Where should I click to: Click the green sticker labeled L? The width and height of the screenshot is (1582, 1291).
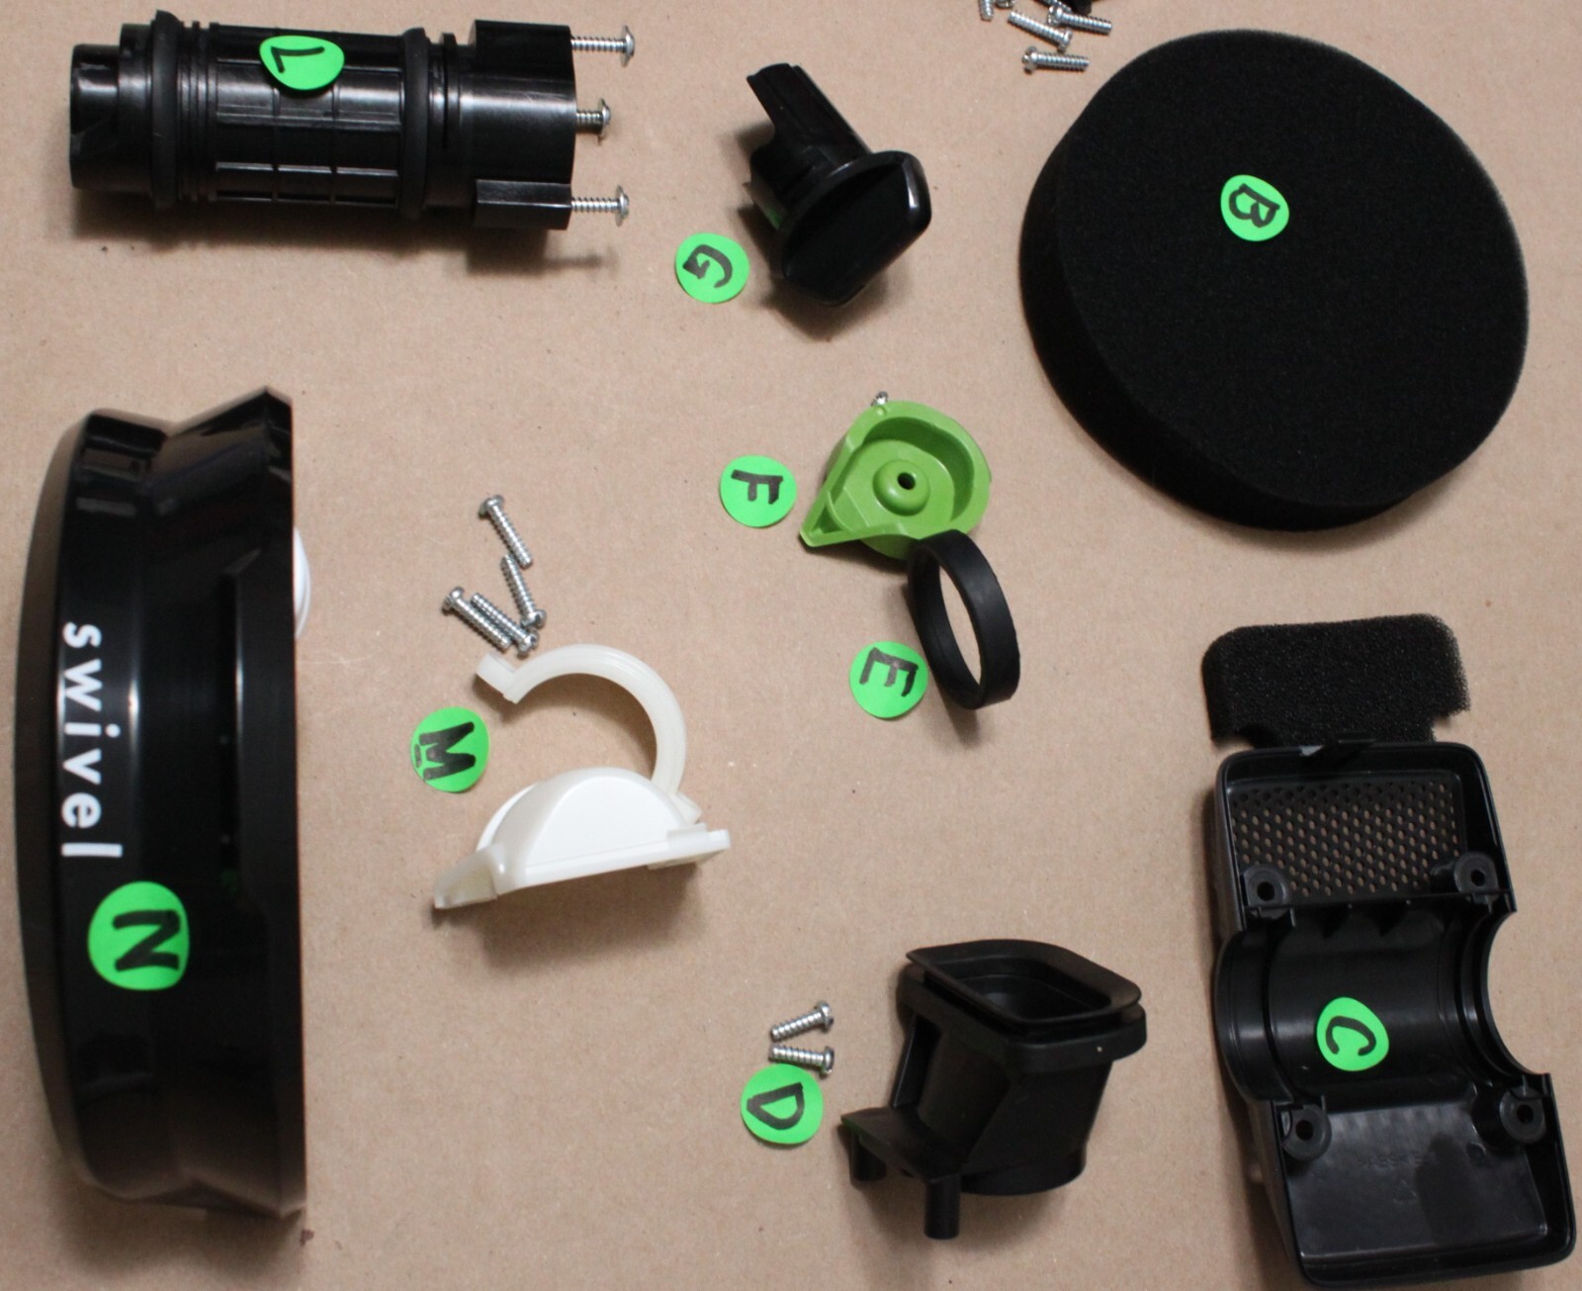pos(301,63)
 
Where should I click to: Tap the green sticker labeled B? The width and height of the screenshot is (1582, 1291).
pos(1254,208)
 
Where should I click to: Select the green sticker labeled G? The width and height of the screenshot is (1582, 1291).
pos(712,268)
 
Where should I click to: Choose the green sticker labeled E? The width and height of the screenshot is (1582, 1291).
pos(888,680)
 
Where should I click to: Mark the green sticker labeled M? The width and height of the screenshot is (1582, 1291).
pos(449,750)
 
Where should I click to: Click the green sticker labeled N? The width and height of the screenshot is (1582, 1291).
pos(138,935)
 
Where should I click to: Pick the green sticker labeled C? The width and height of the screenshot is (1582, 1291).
pos(1352,1035)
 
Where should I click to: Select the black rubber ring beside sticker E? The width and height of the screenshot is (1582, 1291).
pos(965,620)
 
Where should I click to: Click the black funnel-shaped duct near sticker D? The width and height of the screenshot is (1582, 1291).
pos(998,1064)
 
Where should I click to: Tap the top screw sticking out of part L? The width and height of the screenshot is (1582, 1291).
pos(601,42)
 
